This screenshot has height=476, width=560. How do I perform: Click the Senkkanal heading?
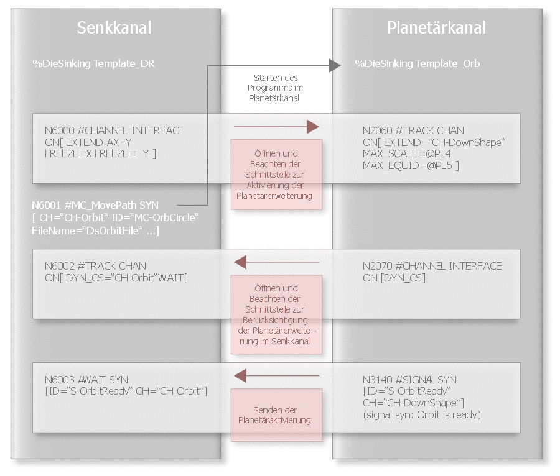click(x=114, y=27)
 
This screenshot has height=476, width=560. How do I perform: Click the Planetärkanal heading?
click(x=436, y=27)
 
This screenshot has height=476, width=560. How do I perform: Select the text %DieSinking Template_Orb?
click(x=417, y=63)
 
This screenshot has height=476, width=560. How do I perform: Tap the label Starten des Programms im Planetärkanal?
click(x=276, y=88)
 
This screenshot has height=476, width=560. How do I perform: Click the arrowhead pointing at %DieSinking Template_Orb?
click(x=335, y=64)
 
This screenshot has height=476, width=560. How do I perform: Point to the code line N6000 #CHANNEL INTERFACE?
click(x=114, y=130)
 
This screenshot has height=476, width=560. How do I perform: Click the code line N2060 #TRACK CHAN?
click(x=413, y=130)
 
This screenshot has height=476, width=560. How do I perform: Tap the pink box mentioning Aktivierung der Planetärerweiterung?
click(x=276, y=175)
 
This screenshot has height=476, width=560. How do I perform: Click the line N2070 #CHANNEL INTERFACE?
click(x=432, y=266)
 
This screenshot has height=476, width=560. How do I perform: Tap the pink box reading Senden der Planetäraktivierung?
click(x=276, y=415)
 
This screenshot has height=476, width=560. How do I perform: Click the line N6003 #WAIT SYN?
click(x=86, y=380)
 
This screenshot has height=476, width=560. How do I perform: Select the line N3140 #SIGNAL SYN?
click(x=409, y=380)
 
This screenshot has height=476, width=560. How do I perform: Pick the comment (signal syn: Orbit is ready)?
click(x=422, y=414)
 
